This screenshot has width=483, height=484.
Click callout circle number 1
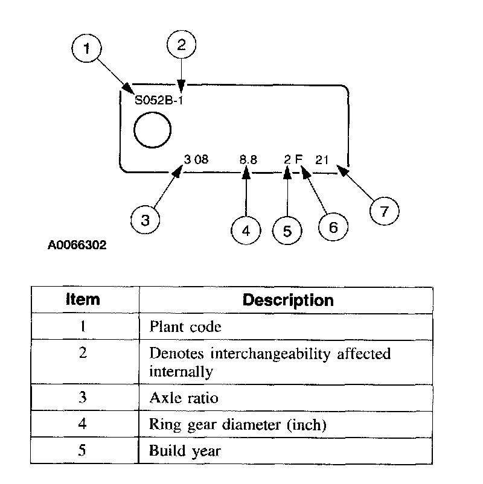(x=89, y=49)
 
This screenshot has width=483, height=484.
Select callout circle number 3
(x=146, y=220)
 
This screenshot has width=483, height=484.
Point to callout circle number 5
(x=287, y=230)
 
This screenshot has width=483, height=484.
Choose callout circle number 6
(x=333, y=226)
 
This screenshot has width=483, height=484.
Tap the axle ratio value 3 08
(x=196, y=160)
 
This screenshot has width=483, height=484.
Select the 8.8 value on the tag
(x=248, y=160)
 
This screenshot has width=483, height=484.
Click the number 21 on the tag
(x=322, y=160)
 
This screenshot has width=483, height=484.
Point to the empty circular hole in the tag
(x=153, y=130)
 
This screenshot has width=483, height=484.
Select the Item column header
(x=83, y=300)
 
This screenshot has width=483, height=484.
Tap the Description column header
(x=287, y=300)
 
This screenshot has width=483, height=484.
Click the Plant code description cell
(x=185, y=327)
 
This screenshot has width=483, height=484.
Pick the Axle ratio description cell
(x=184, y=398)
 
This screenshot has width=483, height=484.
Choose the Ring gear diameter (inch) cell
(x=237, y=424)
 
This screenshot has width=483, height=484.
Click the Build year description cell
(x=185, y=451)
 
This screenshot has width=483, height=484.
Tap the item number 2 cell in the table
(x=83, y=354)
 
